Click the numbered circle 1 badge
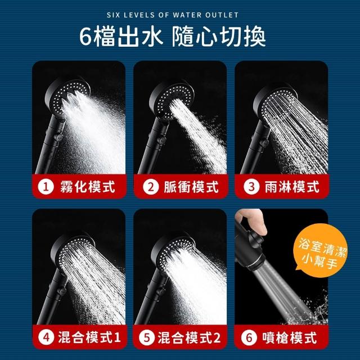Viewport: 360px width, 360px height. [46, 187]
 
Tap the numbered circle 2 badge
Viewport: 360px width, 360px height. [151, 187]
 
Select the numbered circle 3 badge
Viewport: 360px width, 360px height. [251, 187]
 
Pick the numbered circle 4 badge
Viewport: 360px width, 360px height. [46, 337]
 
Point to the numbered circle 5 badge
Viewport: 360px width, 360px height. [147, 337]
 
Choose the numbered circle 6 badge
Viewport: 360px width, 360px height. [249, 337]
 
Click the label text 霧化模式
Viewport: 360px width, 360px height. [88, 187]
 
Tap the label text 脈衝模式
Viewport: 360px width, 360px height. [191, 187]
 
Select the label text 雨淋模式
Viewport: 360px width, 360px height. [292, 187]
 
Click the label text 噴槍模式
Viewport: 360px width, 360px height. [290, 337]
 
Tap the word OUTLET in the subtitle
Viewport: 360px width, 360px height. [222, 15]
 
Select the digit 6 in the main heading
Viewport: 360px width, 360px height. [85, 37]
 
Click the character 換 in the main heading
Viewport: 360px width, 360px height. [254, 37]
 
